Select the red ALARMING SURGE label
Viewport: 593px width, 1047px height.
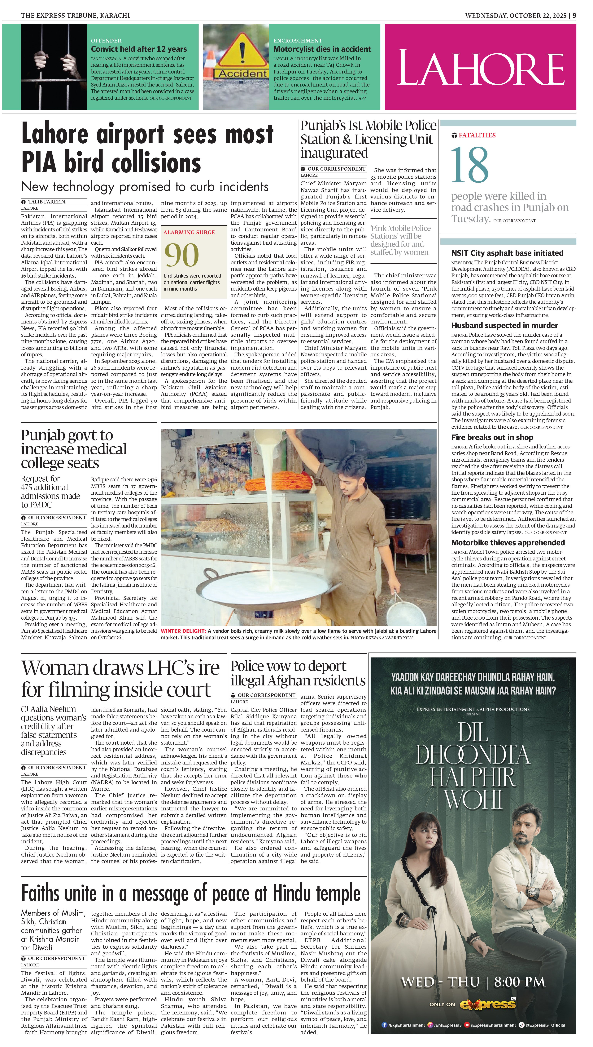pos(189,232)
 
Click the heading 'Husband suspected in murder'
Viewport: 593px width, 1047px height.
pos(504,325)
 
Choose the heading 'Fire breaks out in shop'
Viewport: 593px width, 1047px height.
pos(492,437)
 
